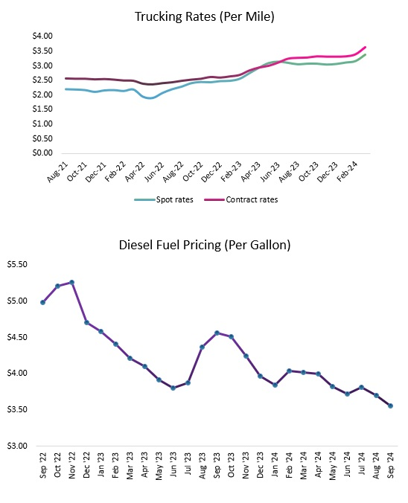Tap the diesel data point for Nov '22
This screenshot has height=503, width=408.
pos(71,282)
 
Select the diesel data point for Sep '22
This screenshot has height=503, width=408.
pos(43,302)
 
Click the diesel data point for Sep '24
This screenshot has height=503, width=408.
pos(390,406)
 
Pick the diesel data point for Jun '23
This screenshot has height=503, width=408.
pos(173,388)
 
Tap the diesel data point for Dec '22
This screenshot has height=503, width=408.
pos(86,322)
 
